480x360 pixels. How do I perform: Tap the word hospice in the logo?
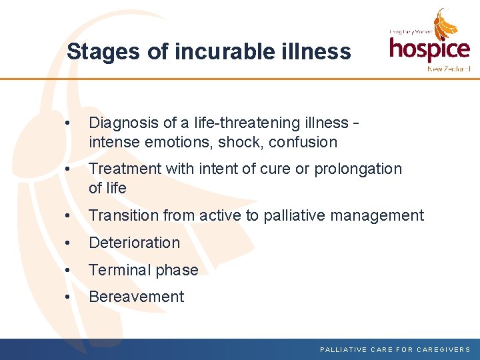click(429, 49)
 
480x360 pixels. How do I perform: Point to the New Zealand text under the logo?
click(449, 69)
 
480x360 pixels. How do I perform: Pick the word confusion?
click(303, 142)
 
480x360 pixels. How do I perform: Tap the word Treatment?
click(125, 169)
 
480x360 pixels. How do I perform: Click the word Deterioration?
click(134, 243)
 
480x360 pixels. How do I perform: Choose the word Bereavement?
click(136, 297)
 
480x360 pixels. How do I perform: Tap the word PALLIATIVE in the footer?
click(343, 349)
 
